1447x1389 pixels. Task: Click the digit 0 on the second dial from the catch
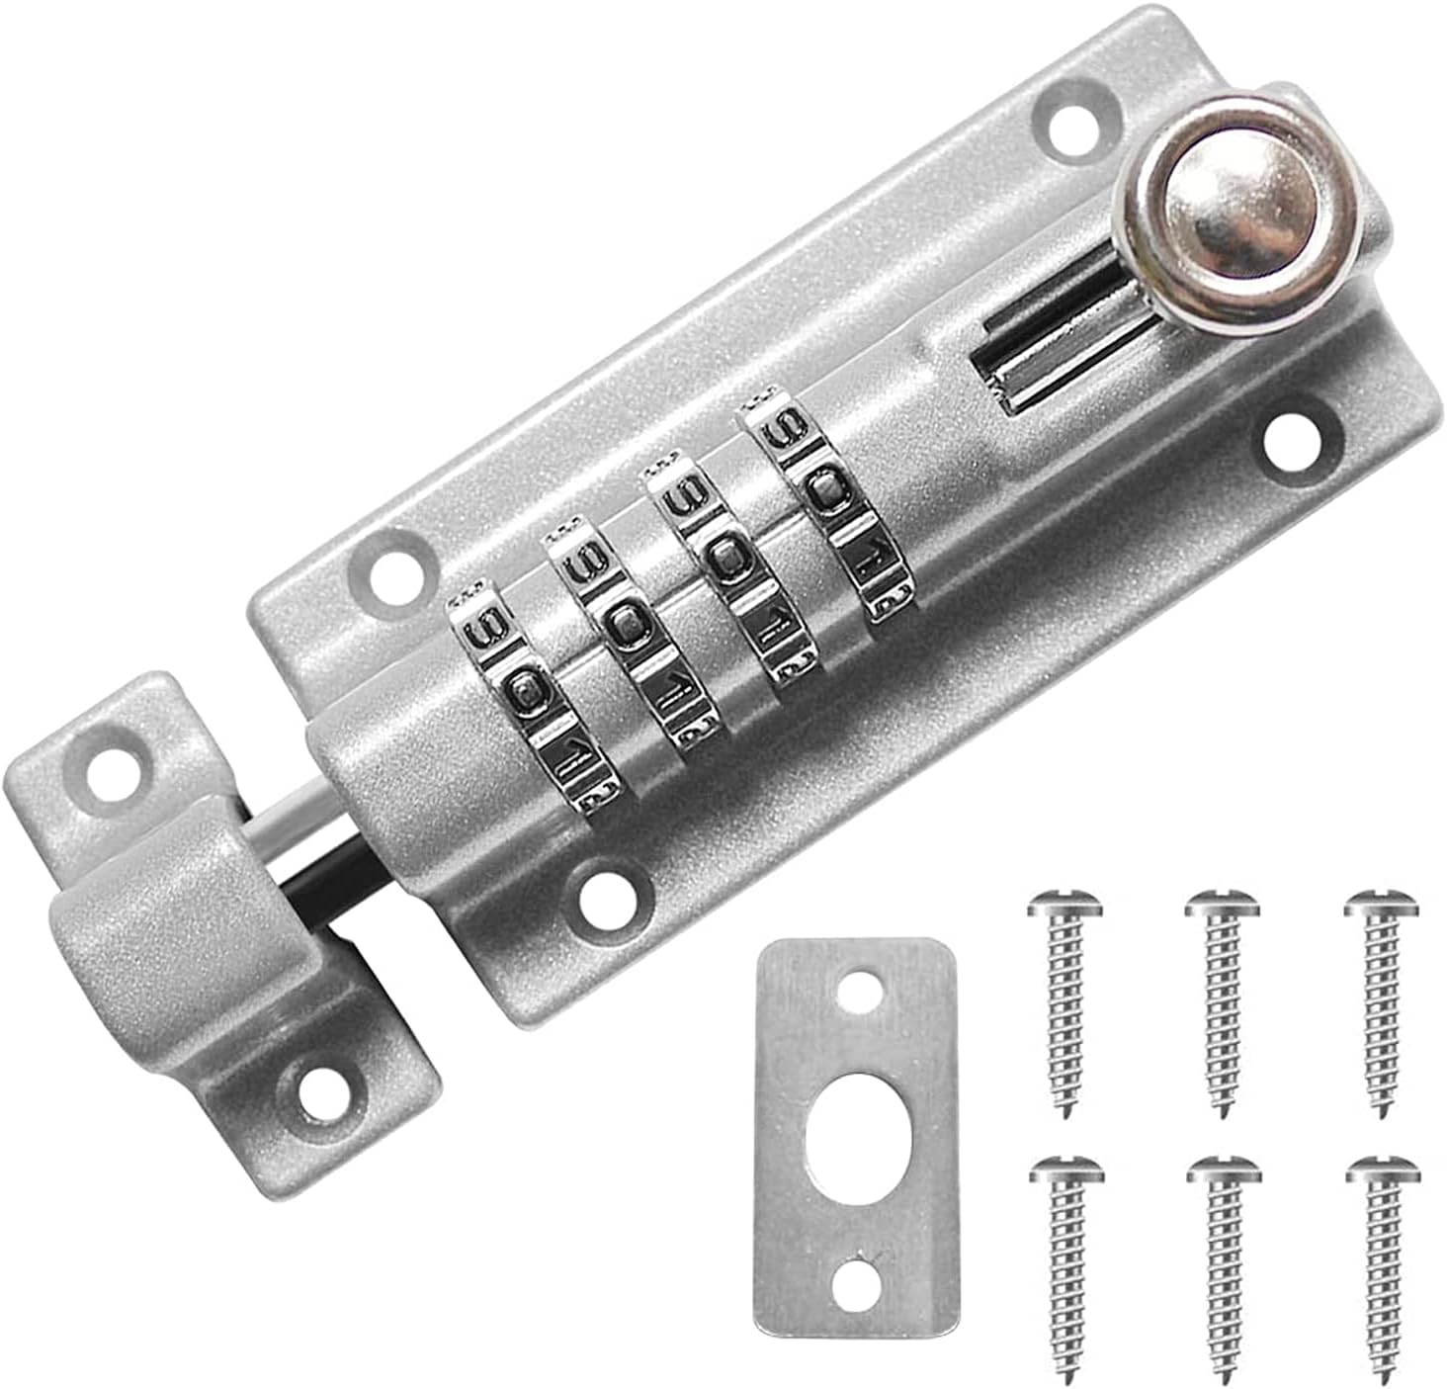pyautogui.click(x=625, y=623)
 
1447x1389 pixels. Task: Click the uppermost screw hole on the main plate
pyautogui.click(x=1073, y=127)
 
